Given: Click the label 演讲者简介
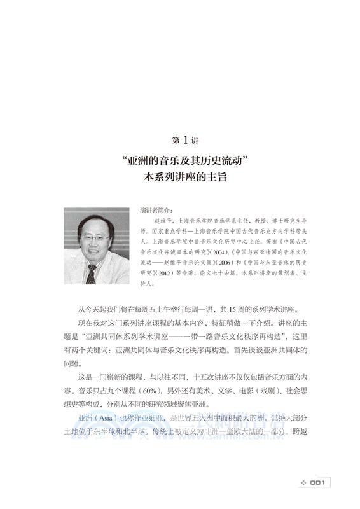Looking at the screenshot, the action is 155,208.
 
